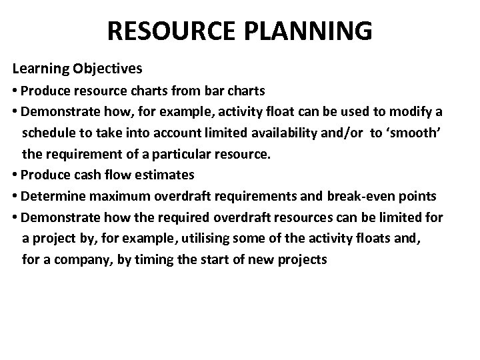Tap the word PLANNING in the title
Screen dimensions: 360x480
pos(310,31)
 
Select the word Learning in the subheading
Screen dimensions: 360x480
pos(41,69)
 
